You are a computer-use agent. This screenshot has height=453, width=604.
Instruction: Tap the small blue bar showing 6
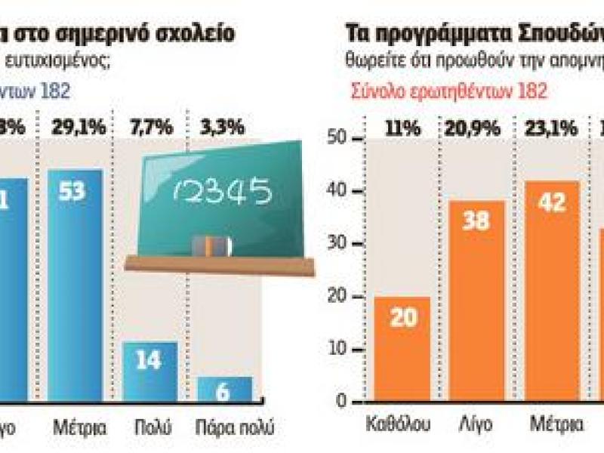225,390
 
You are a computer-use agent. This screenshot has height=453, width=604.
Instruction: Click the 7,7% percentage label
149,128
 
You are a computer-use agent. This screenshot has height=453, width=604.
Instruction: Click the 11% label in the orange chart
402,128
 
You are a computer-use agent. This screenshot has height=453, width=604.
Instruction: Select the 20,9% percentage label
478,128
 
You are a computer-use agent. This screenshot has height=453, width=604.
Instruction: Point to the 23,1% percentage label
553,128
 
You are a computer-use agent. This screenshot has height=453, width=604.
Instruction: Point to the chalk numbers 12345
220,191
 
